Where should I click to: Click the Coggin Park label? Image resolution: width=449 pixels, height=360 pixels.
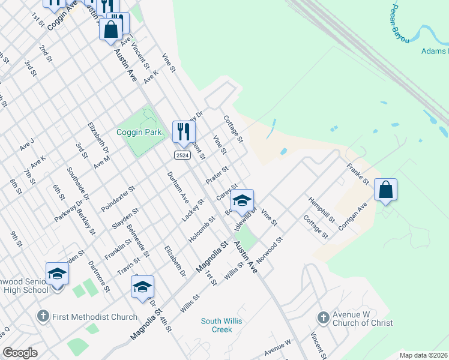click(139, 132)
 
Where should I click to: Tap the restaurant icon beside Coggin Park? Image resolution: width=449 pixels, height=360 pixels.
click(184, 132)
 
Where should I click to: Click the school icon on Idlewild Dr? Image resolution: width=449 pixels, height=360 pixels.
click(241, 201)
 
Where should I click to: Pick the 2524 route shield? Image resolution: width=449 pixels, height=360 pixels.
click(183, 155)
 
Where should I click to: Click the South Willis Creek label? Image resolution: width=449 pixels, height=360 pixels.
click(221, 325)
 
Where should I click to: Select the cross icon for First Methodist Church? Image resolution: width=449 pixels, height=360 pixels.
click(43, 316)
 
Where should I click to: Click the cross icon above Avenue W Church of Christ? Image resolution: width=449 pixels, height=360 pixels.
click(323, 317)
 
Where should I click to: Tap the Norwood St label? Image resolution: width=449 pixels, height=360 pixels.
click(270, 252)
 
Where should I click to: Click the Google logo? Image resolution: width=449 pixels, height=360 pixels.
click(20, 353)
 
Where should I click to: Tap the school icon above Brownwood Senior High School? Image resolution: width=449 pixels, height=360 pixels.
click(57, 274)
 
